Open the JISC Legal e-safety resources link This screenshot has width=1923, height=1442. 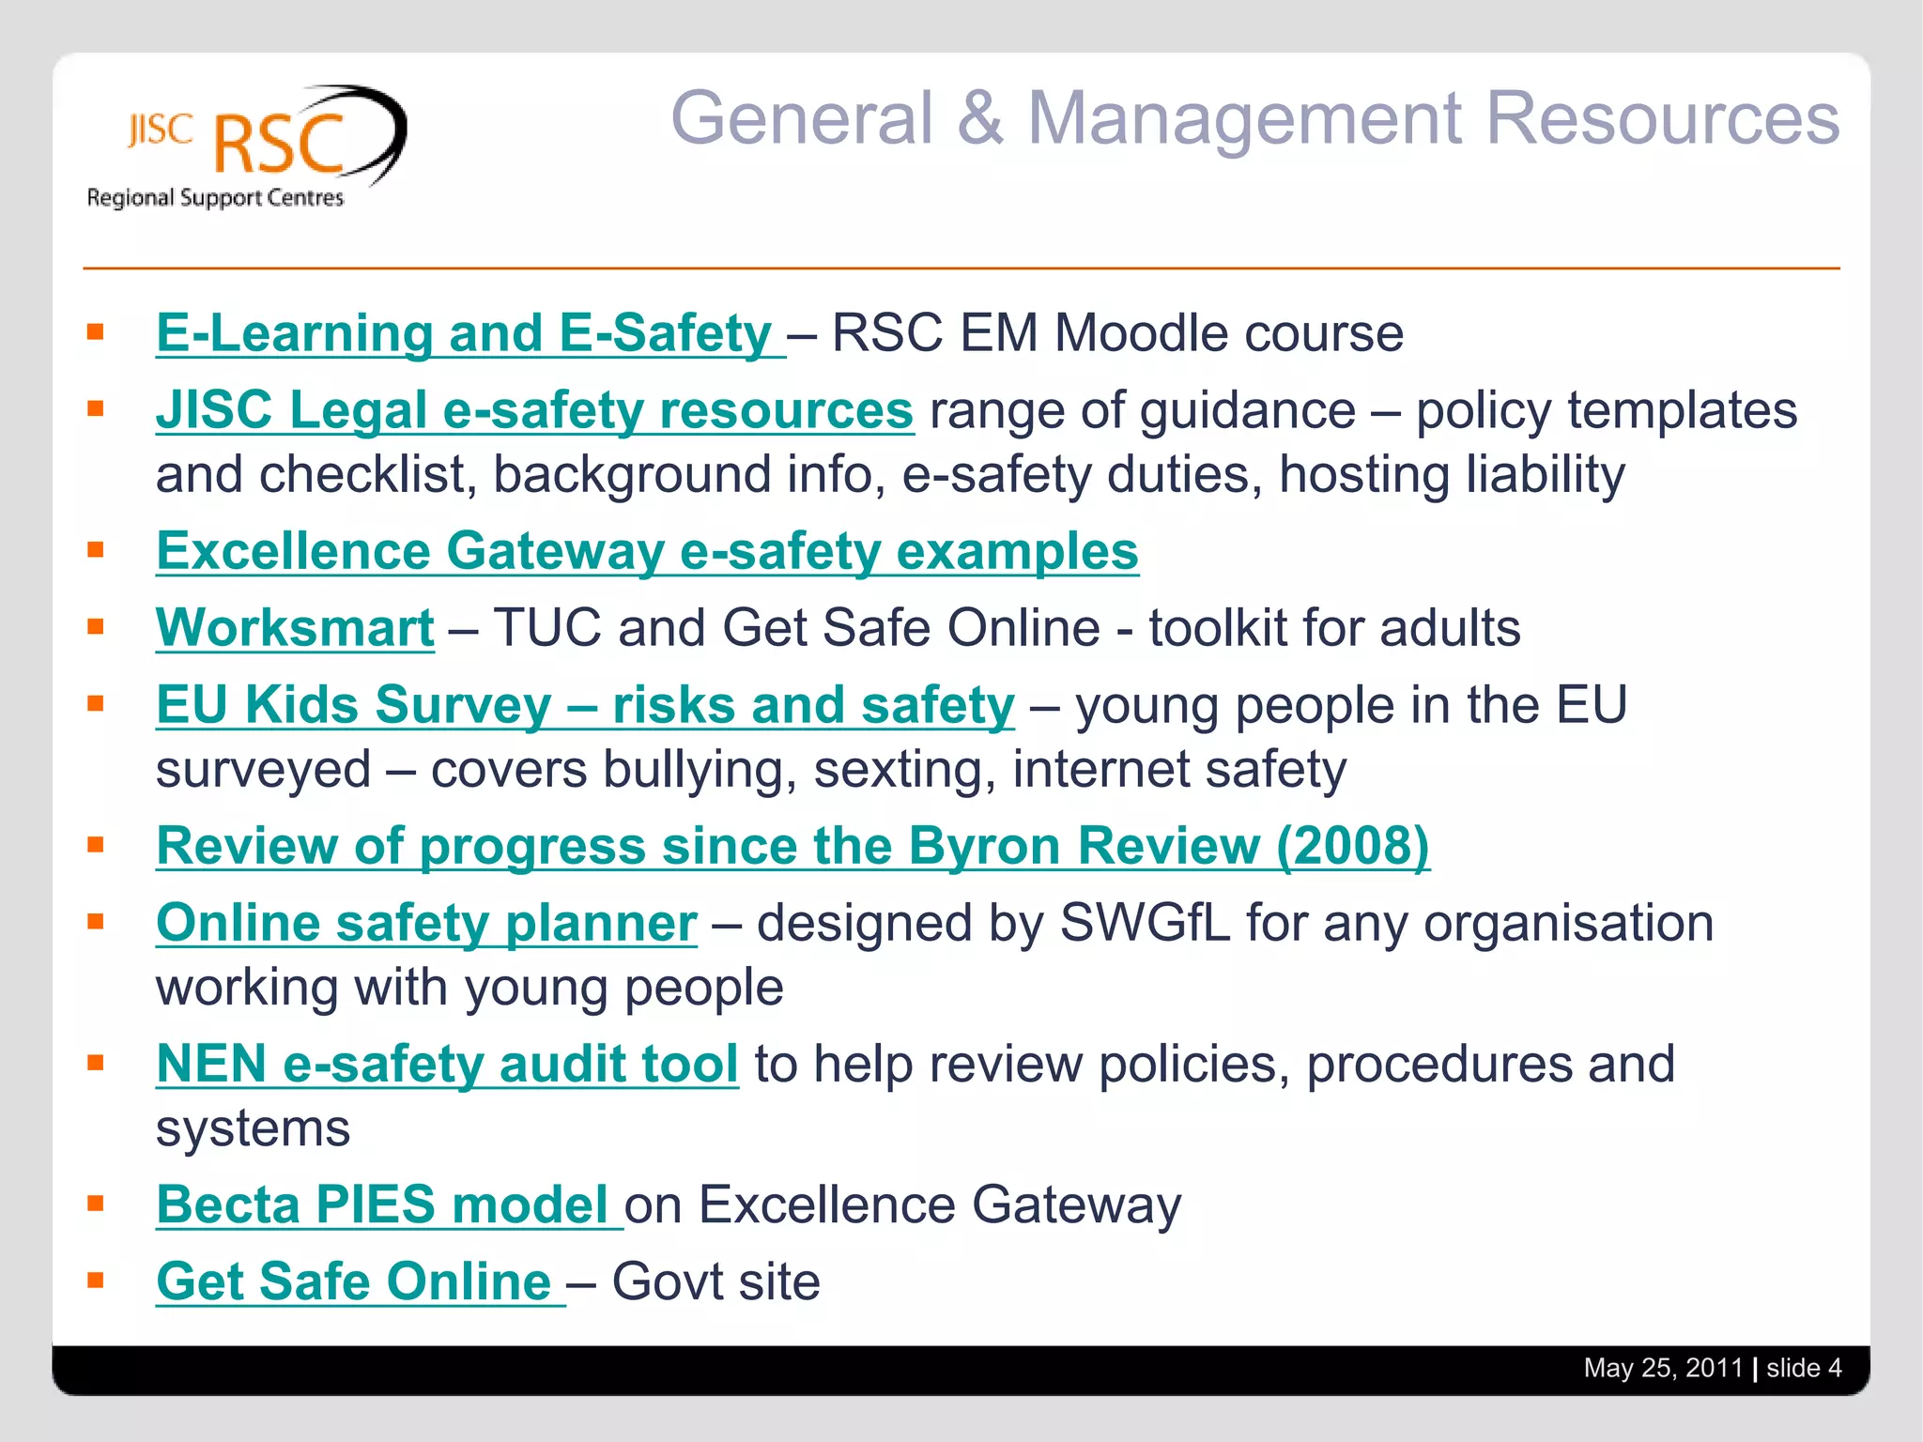pyautogui.click(x=534, y=411)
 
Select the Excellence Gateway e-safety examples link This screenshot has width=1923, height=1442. pyautogui.click(x=647, y=551)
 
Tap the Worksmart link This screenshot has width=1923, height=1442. pyautogui.click(x=295, y=628)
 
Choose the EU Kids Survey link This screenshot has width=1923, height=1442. pyautogui.click(x=585, y=705)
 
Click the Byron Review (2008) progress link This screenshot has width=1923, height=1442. pyautogui.click(x=792, y=846)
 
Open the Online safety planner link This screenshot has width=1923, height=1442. pyautogui.click(x=426, y=923)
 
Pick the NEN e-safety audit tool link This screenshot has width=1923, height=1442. pyautogui.click(x=447, y=1064)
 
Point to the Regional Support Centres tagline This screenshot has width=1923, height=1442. pyautogui.click(x=215, y=198)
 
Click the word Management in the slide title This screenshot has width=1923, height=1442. pyautogui.click(x=1245, y=119)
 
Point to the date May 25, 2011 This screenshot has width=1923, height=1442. pyautogui.click(x=1662, y=1368)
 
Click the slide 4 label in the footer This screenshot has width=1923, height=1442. pyautogui.click(x=1803, y=1368)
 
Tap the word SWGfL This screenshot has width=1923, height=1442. pyautogui.click(x=1145, y=923)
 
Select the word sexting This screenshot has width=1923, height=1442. pyautogui.click(x=904, y=770)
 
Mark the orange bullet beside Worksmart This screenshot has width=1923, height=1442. pyautogui.click(x=95, y=626)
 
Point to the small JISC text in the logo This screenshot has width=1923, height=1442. pyautogui.click(x=161, y=131)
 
